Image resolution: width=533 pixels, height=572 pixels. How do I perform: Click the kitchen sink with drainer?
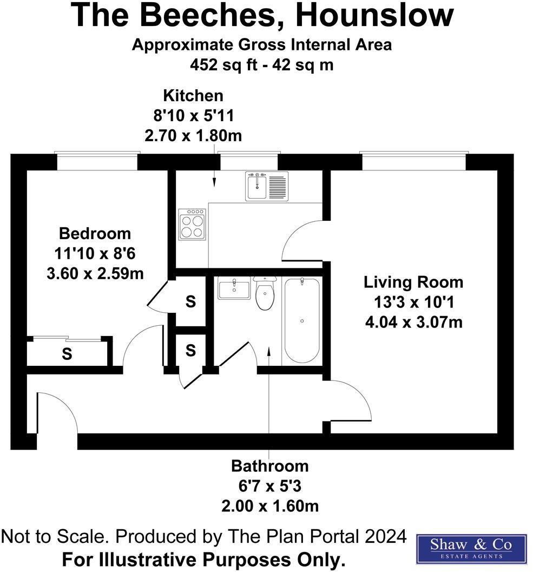pyautogui.click(x=266, y=186)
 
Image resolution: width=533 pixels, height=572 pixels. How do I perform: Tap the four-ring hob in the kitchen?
pyautogui.click(x=192, y=224)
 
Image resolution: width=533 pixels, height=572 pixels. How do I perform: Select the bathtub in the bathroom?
pyautogui.click(x=301, y=320)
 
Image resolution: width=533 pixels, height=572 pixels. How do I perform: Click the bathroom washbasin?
pyautogui.click(x=234, y=289)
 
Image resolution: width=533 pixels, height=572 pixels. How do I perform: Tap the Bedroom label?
pyautogui.click(x=95, y=234)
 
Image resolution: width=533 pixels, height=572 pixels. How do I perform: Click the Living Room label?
pyautogui.click(x=413, y=282)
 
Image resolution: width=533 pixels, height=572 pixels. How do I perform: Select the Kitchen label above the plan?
pyautogui.click(x=193, y=96)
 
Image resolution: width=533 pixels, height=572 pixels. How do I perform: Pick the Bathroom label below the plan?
pyautogui.click(x=269, y=466)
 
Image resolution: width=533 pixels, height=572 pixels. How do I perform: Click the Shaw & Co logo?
pyautogui.click(x=471, y=548)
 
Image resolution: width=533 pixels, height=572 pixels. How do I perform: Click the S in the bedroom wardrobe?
pyautogui.click(x=67, y=354)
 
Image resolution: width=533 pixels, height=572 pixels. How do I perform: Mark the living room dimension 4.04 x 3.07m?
pyautogui.click(x=413, y=323)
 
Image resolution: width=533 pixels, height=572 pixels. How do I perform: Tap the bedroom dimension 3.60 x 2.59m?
pyautogui.click(x=95, y=274)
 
